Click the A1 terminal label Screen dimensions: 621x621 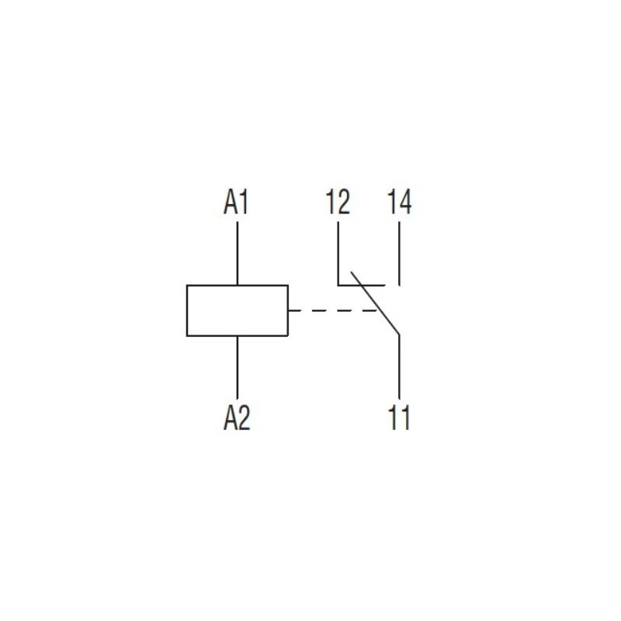(236, 202)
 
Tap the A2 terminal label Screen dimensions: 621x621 (237, 418)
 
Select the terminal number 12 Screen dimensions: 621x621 (338, 202)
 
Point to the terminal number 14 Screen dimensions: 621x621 (399, 202)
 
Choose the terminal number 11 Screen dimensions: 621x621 (399, 418)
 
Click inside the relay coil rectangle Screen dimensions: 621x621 (238, 310)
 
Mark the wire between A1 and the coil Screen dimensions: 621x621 (238, 253)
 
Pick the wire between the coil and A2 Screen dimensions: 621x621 (238, 367)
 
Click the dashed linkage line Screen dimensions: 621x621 (333, 310)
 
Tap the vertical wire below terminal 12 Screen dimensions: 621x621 (338, 253)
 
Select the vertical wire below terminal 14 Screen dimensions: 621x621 (399, 253)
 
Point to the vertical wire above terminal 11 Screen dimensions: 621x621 (399, 366)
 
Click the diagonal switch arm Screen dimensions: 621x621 (375, 304)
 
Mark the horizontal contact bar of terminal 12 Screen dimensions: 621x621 (361, 285)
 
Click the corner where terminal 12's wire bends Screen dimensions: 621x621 (338, 285)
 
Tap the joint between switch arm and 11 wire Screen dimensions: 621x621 (399, 335)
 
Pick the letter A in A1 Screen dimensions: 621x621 (230, 202)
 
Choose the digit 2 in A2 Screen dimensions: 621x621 (245, 418)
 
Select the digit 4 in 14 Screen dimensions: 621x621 (405, 202)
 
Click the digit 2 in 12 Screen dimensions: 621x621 (344, 202)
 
